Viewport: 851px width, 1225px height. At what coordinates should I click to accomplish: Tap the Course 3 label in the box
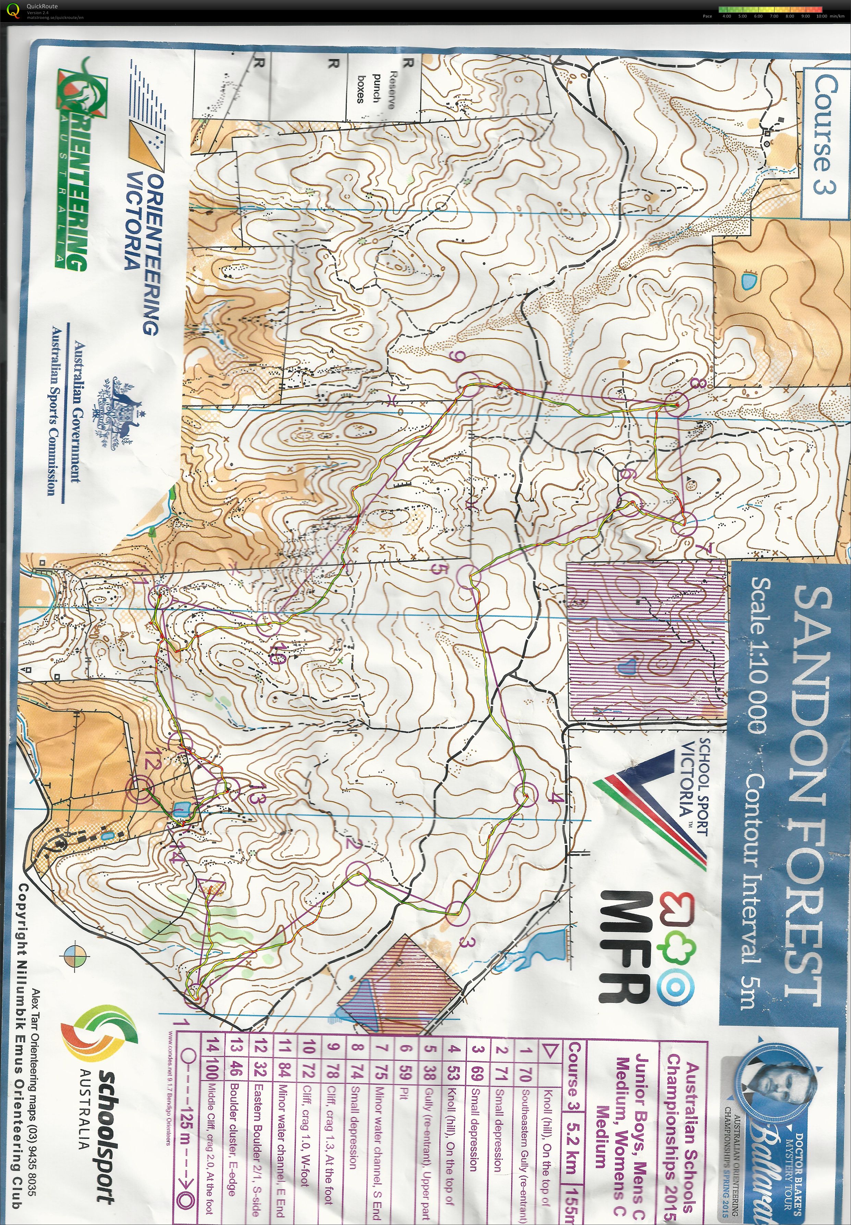(x=824, y=133)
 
